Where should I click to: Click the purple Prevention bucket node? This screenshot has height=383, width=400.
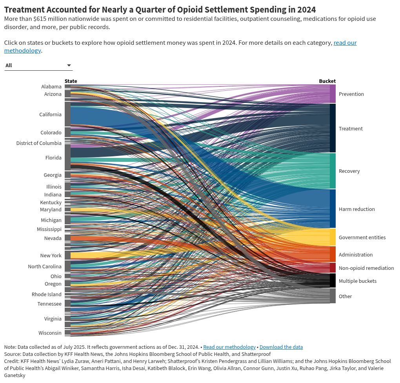point(333,94)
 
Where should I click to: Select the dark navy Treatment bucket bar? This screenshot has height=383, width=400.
point(333,128)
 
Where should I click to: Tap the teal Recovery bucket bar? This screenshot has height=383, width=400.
point(333,171)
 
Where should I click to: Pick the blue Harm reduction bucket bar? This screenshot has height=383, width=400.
point(333,209)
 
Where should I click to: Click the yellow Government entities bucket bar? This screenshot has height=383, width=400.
point(333,237)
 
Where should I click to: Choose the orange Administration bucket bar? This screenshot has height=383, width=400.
point(333,254)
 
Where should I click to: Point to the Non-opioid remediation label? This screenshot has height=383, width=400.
point(366,268)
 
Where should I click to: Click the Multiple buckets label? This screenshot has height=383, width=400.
point(357,281)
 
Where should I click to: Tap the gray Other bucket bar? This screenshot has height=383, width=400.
point(333,296)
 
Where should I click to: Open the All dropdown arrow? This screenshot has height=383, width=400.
point(69,66)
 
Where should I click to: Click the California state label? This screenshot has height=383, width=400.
point(50,114)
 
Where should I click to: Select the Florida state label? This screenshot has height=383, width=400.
point(53,158)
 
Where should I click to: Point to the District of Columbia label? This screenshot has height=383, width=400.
point(39,143)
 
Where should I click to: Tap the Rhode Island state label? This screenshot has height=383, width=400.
point(47,294)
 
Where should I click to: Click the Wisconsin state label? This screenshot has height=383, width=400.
point(50,333)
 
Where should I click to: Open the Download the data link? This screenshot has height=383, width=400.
point(281,347)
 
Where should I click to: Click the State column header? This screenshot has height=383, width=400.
point(71,81)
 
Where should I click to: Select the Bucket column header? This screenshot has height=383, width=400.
point(327,81)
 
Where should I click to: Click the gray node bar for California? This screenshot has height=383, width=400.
point(67,114)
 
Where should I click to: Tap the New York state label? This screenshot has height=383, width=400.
point(51,255)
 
